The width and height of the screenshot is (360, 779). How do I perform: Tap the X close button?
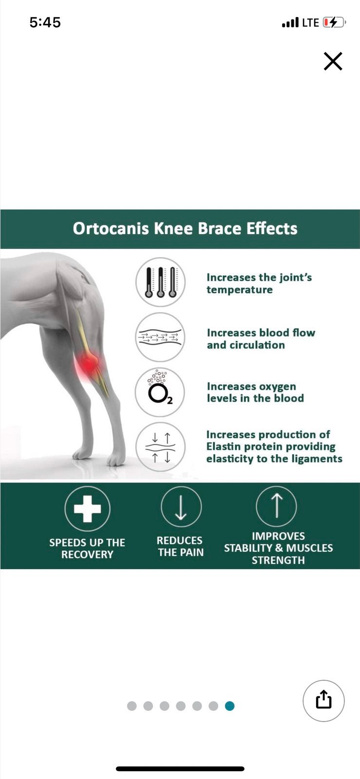333,61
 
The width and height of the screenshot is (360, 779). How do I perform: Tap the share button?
323,701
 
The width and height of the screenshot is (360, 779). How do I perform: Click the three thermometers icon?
160,282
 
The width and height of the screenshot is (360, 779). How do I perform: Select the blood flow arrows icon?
160,337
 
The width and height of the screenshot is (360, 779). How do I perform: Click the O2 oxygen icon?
160,392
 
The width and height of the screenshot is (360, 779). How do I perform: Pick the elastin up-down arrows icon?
160,447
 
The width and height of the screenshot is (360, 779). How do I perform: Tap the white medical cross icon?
87,509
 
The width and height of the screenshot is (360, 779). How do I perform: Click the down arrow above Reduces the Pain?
181,507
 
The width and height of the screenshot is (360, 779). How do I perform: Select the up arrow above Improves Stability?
277,506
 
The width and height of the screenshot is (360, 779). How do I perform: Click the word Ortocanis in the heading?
111,229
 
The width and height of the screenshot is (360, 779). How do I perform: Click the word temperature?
240,290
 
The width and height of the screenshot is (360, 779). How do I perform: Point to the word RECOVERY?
87,555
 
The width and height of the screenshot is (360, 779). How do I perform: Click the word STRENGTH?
278,560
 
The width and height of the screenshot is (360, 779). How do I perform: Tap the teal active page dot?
229,705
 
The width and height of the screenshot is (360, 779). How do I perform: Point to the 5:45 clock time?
45,22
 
